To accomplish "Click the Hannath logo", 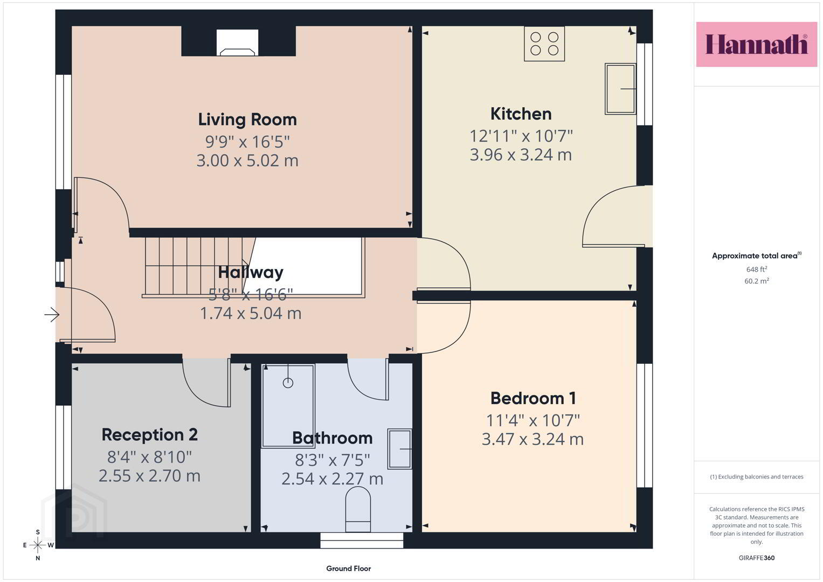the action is [x=757, y=44].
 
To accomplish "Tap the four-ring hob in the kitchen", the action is [x=544, y=44].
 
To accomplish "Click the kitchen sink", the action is [x=620, y=89].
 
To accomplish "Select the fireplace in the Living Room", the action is [x=237, y=43].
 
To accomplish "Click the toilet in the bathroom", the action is [x=358, y=509].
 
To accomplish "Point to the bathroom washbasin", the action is [x=400, y=448].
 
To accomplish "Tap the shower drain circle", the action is [x=288, y=383].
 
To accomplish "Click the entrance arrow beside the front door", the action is [x=52, y=315].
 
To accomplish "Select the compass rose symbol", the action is [x=38, y=545].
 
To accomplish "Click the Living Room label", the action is [x=247, y=120].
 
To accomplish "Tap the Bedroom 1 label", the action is [x=532, y=398].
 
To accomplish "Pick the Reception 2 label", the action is [x=149, y=435].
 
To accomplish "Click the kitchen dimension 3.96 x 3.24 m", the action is [x=521, y=155].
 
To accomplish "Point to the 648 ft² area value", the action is [x=757, y=269].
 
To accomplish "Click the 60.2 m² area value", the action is [x=757, y=281].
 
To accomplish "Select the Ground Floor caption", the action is [x=348, y=569].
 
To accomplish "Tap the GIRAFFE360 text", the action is [x=757, y=558].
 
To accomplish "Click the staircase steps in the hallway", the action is [x=198, y=267].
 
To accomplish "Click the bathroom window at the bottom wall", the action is [x=362, y=541].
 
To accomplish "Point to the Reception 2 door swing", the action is [x=206, y=383].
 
